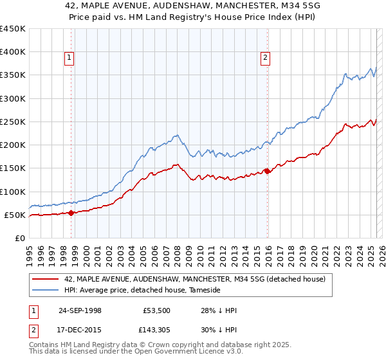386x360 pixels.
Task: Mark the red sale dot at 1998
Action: (x=71, y=213)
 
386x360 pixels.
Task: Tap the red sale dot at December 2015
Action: (x=268, y=171)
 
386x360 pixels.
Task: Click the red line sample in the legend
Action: (x=46, y=279)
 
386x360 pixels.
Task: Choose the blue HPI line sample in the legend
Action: (x=46, y=290)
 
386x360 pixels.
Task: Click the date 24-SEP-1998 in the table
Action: (x=80, y=310)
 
